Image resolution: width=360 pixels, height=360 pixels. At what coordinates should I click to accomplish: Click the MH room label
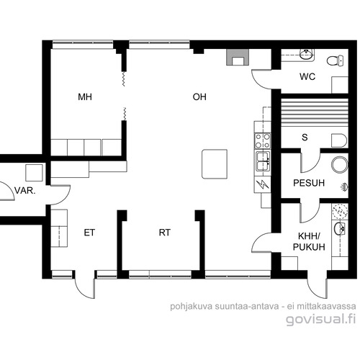point(85,97)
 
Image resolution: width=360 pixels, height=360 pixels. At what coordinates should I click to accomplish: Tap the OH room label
point(199,97)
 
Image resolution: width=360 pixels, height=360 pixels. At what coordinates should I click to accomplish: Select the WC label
point(307,77)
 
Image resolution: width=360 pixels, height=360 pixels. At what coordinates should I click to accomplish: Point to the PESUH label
point(309,183)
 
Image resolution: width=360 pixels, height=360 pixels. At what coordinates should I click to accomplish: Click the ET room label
point(89,233)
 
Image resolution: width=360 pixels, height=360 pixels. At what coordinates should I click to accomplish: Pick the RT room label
point(165,233)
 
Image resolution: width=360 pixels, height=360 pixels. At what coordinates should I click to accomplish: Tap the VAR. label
point(25,191)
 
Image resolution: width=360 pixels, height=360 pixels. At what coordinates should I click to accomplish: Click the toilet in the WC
point(336,60)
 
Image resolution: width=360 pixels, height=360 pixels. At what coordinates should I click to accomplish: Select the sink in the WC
point(307,55)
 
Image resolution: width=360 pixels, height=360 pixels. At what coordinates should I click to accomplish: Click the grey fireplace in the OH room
point(237,57)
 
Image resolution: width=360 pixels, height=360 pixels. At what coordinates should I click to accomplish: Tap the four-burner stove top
point(263,140)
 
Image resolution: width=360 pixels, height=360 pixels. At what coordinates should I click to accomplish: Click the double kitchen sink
point(263,161)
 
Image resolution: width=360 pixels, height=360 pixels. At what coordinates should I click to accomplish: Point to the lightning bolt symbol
point(263,184)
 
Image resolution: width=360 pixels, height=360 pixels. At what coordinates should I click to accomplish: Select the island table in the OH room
point(215,164)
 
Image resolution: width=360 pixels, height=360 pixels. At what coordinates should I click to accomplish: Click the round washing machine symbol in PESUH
point(340,165)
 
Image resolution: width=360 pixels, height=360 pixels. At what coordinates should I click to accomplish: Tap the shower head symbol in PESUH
point(344,187)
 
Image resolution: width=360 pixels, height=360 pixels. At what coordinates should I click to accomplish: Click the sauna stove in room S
point(339,140)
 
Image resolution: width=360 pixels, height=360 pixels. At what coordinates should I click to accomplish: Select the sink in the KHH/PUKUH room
point(339,228)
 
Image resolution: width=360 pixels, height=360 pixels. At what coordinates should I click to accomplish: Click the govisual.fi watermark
point(321,319)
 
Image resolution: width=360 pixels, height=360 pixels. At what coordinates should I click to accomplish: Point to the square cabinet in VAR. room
point(34,173)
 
